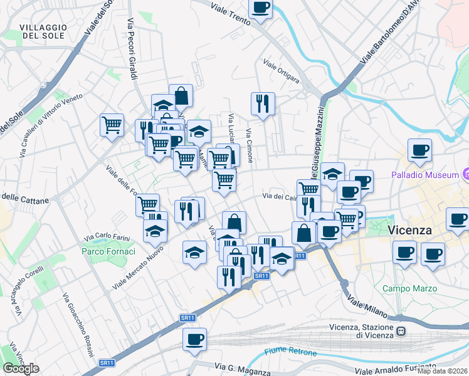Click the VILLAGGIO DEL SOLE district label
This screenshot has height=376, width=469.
(x=43, y=31)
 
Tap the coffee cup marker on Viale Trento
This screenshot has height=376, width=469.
(x=260, y=9)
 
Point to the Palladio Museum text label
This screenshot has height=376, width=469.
(x=425, y=175)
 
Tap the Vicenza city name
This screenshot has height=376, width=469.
(x=410, y=230)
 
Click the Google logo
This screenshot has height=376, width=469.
(x=21, y=368)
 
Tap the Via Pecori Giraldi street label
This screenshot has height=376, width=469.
(x=132, y=50)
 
